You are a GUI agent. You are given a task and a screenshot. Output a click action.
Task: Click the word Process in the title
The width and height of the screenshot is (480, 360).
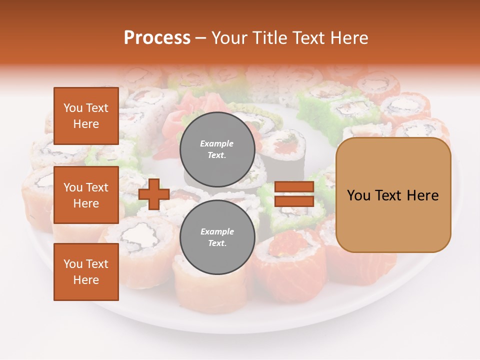pos(157,38)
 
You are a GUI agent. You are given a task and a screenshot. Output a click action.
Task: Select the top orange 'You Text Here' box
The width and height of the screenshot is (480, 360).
pos(86,116)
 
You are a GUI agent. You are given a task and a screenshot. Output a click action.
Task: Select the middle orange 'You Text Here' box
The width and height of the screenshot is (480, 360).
pos(86,195)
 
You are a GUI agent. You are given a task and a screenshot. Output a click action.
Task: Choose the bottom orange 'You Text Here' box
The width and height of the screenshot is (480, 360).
pos(86,272)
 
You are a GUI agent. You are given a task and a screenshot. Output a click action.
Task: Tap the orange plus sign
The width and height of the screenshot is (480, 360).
pos(154,194)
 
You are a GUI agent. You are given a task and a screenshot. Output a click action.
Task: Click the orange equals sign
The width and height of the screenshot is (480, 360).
pos(294,194)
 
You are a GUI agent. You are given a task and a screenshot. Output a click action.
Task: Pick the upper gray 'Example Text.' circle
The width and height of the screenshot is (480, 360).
pos(217,149)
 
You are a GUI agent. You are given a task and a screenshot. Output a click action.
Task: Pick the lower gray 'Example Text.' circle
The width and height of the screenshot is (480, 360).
pos(217,237)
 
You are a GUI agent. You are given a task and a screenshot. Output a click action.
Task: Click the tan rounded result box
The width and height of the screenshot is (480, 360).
pos(393,195)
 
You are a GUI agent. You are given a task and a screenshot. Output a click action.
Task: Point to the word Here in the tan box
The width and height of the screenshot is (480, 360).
pos(422,195)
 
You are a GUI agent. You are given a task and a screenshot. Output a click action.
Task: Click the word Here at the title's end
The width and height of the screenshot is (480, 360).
pos(350,38)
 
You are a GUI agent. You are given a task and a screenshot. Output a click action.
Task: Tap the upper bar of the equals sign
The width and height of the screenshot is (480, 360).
pos(294,187)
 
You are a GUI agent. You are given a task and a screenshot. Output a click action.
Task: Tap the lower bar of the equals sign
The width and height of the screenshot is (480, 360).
pos(294,201)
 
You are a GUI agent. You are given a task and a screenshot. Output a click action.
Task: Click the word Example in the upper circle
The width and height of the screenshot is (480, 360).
pos(217,143)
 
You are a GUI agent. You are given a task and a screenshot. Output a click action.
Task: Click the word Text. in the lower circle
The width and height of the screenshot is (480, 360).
pos(217,243)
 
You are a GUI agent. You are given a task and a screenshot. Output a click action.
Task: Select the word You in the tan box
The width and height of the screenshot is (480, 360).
pos(358,195)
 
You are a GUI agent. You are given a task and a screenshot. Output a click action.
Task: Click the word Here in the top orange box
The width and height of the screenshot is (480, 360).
pos(86,124)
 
